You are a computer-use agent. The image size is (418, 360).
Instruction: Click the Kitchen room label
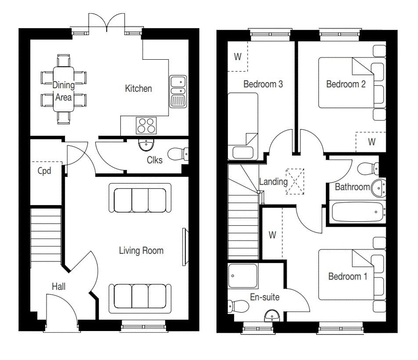(x=138, y=89)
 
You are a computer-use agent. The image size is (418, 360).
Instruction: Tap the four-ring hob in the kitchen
(x=146, y=126)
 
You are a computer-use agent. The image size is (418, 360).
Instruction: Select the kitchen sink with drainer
(x=178, y=91)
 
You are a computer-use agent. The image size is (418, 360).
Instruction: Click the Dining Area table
(x=63, y=89)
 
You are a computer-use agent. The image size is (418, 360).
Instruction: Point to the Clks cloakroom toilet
(x=178, y=154)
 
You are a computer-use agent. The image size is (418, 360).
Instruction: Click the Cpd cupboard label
(x=44, y=171)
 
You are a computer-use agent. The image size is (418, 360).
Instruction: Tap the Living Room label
(x=141, y=251)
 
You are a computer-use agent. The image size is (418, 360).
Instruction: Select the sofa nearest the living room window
(x=140, y=299)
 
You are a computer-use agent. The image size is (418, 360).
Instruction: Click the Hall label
(x=59, y=287)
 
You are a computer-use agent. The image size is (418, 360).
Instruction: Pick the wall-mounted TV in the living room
(x=184, y=247)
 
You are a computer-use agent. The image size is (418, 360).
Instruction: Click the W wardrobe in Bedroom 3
(x=238, y=57)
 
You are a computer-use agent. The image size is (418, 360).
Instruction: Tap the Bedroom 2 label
(x=346, y=84)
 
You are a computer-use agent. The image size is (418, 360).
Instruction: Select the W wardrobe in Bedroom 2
(x=371, y=142)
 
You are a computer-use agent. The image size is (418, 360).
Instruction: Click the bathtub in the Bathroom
(x=358, y=212)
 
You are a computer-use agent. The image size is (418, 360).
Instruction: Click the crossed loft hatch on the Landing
(x=295, y=181)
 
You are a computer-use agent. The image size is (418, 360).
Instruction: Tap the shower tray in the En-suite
(x=243, y=276)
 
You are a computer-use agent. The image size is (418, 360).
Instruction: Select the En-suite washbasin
(x=272, y=316)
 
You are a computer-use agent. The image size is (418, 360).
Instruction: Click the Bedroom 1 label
(x=348, y=276)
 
